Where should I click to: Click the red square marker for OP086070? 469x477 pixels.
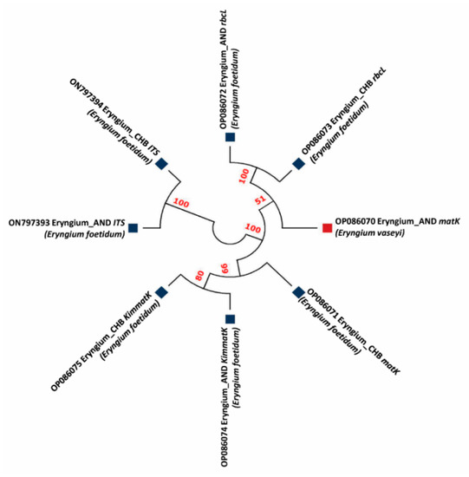click(x=327, y=227)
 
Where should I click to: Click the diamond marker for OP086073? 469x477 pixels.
click(x=298, y=164)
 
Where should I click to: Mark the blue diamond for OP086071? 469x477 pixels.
click(x=298, y=292)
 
